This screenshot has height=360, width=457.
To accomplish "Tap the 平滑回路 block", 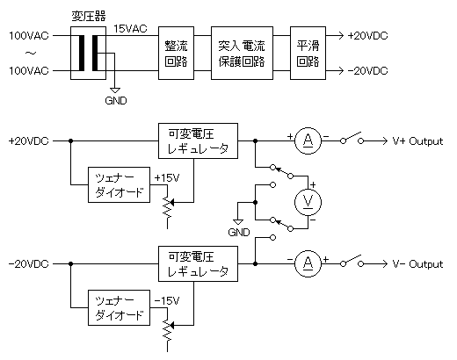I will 308,53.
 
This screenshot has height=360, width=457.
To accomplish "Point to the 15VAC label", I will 130,28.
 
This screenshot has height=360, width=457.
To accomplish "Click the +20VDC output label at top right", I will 368,35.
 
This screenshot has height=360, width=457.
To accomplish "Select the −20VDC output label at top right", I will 368,70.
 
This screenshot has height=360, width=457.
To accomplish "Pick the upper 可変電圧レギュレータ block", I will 196,140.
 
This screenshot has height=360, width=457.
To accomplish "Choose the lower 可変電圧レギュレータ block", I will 196,263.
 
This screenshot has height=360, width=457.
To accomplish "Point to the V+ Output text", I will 417,140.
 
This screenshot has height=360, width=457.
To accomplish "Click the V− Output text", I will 417,263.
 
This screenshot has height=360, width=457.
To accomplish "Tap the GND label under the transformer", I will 115,100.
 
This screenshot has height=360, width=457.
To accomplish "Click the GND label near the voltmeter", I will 238,233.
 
